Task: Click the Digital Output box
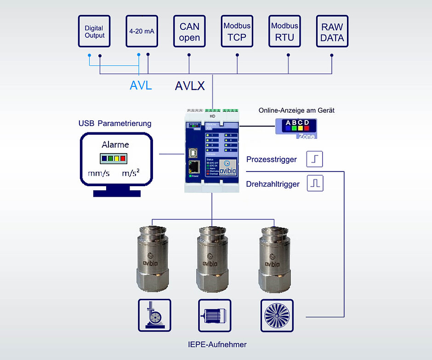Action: (94, 31)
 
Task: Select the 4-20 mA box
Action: (142, 31)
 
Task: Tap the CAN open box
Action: (189, 31)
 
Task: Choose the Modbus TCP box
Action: (237, 31)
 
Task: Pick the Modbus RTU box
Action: (284, 31)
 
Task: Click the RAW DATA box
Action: (332, 31)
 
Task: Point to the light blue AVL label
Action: (141, 86)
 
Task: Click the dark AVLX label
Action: (190, 86)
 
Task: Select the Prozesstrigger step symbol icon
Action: (315, 160)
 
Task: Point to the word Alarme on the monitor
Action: (115, 144)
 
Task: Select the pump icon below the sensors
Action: (154, 315)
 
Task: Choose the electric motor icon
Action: (214, 315)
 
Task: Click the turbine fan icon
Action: (277, 315)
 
